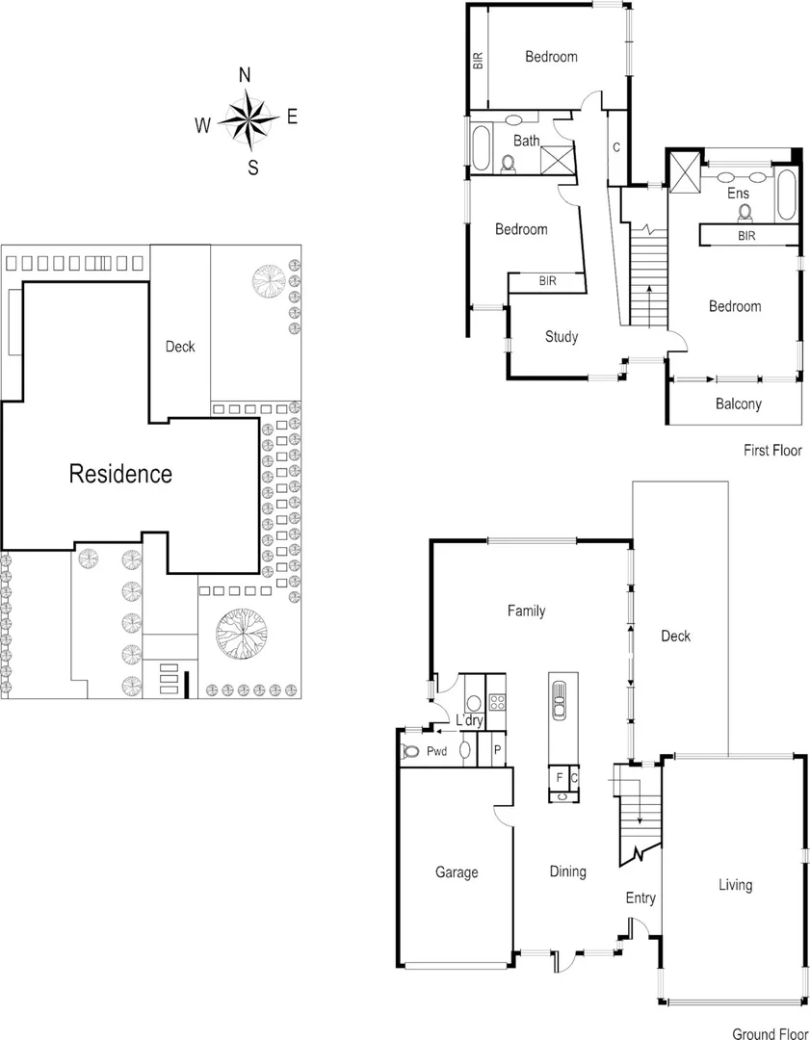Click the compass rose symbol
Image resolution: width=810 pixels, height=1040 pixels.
point(248,119)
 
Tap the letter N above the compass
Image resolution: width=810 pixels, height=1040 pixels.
point(245,75)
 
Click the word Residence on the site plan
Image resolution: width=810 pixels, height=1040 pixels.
point(120,474)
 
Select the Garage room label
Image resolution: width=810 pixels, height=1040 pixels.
point(457,872)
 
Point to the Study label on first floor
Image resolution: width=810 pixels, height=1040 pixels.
point(562,337)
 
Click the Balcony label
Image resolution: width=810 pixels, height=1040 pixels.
point(738,404)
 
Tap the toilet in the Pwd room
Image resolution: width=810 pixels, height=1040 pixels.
point(411,752)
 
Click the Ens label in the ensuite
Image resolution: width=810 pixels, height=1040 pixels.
point(738,194)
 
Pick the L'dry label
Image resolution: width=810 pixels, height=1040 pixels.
point(469,722)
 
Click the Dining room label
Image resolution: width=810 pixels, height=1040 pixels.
point(567,871)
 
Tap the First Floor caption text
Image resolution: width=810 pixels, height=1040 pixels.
point(771,450)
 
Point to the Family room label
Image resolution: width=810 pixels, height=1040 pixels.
point(527,611)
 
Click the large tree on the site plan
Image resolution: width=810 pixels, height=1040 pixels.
point(240,635)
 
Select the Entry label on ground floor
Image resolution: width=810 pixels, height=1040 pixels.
point(640,897)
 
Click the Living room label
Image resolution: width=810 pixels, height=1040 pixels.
point(735,885)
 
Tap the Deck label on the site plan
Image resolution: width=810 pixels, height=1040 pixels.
point(180,347)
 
